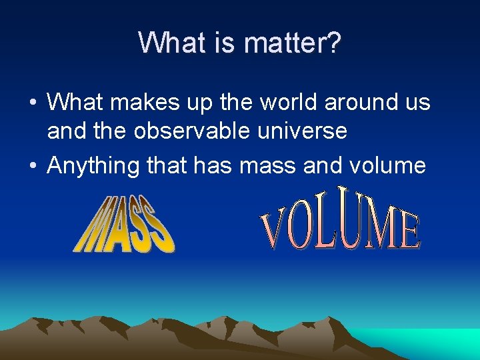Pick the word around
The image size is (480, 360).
coord(362,103)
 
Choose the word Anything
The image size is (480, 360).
coord(93,165)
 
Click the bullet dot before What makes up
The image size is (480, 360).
coord(33,103)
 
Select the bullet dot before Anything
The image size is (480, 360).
coord(33,165)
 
